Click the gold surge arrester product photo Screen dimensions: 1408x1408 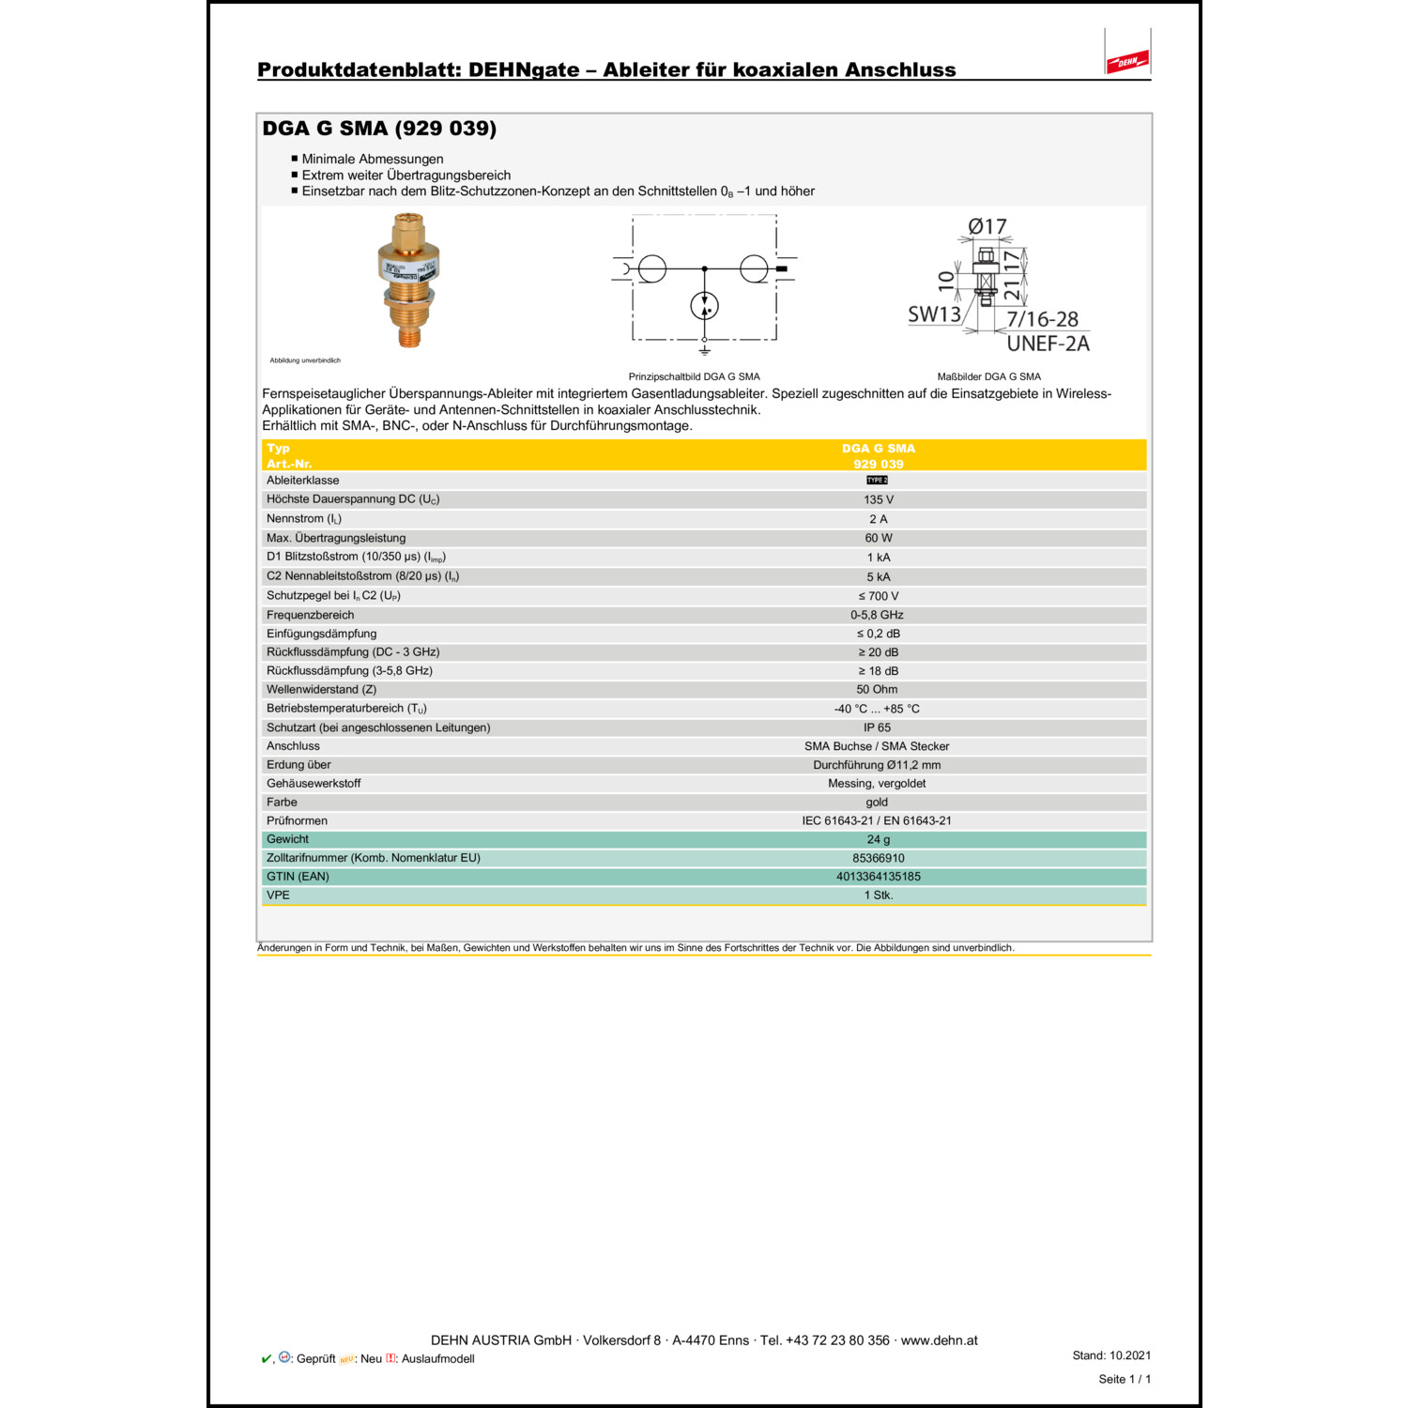[409, 280]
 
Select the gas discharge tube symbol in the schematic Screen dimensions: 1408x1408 [704, 306]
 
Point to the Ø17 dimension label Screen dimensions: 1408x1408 [987, 226]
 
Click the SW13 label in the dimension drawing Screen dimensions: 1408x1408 [934, 314]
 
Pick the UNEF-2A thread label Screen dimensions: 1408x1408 [1048, 344]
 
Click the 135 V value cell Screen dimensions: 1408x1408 [879, 499]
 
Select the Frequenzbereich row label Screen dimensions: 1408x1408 [311, 615]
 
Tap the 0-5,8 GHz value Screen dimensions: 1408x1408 [877, 615]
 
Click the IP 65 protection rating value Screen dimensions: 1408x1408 [877, 727]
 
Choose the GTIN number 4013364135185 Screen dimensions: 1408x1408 [879, 877]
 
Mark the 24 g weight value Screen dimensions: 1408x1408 [879, 839]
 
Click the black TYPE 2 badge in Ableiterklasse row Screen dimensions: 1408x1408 [877, 480]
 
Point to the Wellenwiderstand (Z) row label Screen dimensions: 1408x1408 [321, 689]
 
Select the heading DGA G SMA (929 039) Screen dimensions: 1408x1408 [379, 129]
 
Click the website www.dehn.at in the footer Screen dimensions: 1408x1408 [939, 1340]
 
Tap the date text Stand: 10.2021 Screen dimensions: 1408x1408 [1111, 1355]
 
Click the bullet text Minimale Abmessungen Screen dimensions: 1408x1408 [373, 160]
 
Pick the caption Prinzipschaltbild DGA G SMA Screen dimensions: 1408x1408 [694, 376]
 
